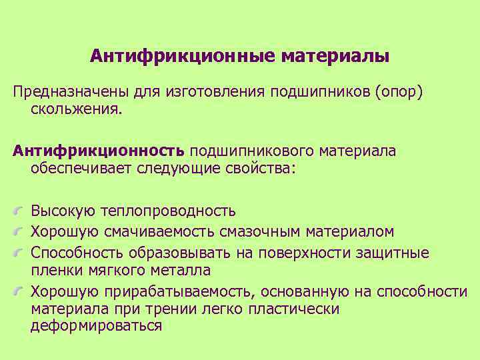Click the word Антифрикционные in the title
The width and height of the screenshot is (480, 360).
(182, 55)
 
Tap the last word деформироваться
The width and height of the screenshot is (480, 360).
(97, 326)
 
